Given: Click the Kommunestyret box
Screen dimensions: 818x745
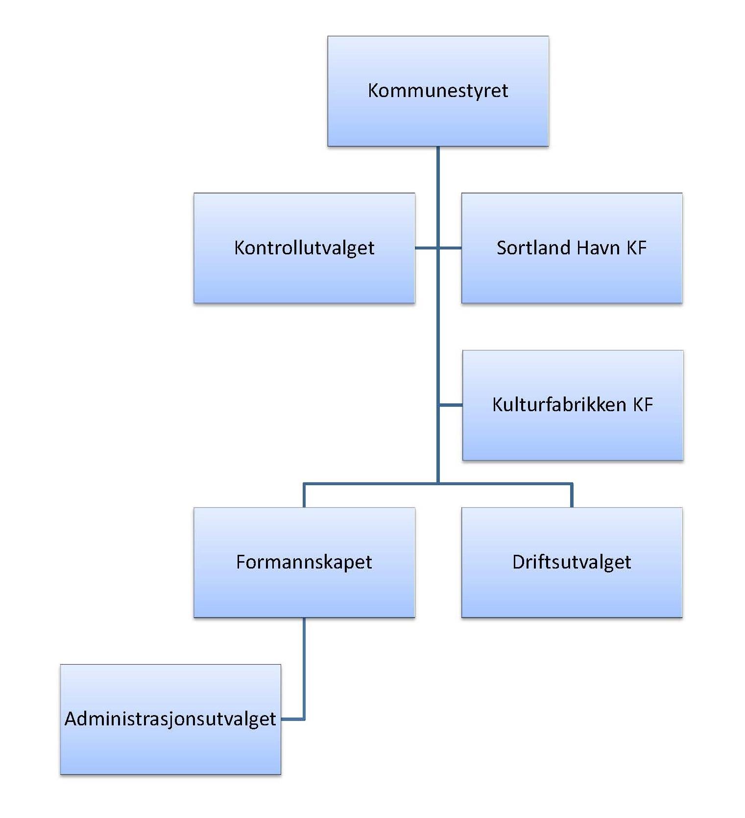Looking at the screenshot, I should pos(438,91).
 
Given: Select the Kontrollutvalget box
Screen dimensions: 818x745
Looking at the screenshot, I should pos(304,248).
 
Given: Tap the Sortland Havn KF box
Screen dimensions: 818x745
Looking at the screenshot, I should pos(572,248).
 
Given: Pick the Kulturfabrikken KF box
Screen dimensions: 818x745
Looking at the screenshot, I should pos(573,405).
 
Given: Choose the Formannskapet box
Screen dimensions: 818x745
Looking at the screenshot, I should pos(304,562).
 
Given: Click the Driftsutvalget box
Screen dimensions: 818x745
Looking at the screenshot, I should pos(572,562).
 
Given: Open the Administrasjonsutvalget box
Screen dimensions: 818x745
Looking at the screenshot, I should pos(170,719).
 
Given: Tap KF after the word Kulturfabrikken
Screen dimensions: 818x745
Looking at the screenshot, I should pos(643,405).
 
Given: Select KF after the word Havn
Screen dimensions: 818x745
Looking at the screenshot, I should pos(636,248).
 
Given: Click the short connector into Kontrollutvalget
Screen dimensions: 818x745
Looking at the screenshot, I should pos(426,248).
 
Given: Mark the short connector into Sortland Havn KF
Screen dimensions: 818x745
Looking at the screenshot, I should pos(450,248).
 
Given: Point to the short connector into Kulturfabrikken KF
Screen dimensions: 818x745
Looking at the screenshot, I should pos(451,405).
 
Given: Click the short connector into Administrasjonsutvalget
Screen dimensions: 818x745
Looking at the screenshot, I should pos(292,719).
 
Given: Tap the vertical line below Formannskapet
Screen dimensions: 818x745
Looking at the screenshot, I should pos(304,667).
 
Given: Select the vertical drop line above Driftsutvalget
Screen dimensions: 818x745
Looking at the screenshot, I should pos(572,496).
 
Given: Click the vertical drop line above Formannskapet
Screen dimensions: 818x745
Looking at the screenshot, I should pos(304,496).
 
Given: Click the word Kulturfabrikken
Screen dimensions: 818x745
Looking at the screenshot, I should pos(559,405).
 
